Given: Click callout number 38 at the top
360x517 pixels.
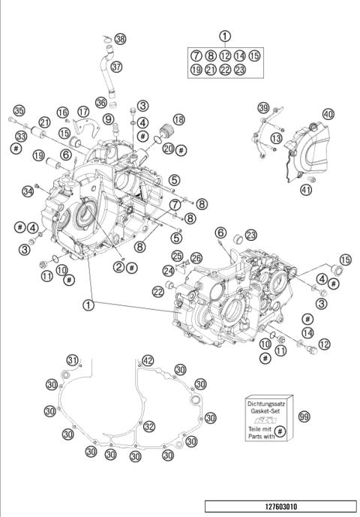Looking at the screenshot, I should point(121,38).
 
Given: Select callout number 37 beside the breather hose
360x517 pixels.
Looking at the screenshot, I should point(116,67).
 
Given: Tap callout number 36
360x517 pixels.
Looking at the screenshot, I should point(101,103).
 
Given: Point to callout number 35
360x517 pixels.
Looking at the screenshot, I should point(19,110).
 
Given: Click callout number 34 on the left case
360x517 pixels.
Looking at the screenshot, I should point(28,192).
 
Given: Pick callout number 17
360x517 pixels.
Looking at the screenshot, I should point(83,113).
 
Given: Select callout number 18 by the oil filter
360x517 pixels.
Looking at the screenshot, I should point(178,120).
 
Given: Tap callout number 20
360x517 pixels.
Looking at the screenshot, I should point(168,149).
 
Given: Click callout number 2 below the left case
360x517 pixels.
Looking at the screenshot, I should point(119,266).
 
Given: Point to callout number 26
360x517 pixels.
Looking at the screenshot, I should point(196,259).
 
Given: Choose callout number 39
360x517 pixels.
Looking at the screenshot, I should point(263,108).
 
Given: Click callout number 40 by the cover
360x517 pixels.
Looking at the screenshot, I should point(328,114).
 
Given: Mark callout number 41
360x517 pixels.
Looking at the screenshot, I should point(307,190).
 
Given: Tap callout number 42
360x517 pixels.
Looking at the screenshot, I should point(148,361).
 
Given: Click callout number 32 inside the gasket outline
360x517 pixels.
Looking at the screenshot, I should point(149,427).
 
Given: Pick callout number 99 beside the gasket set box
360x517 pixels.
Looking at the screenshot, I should point(303,415).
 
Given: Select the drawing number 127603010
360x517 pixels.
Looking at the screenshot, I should point(280,506).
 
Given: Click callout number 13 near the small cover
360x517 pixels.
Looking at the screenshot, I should point(277,138).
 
